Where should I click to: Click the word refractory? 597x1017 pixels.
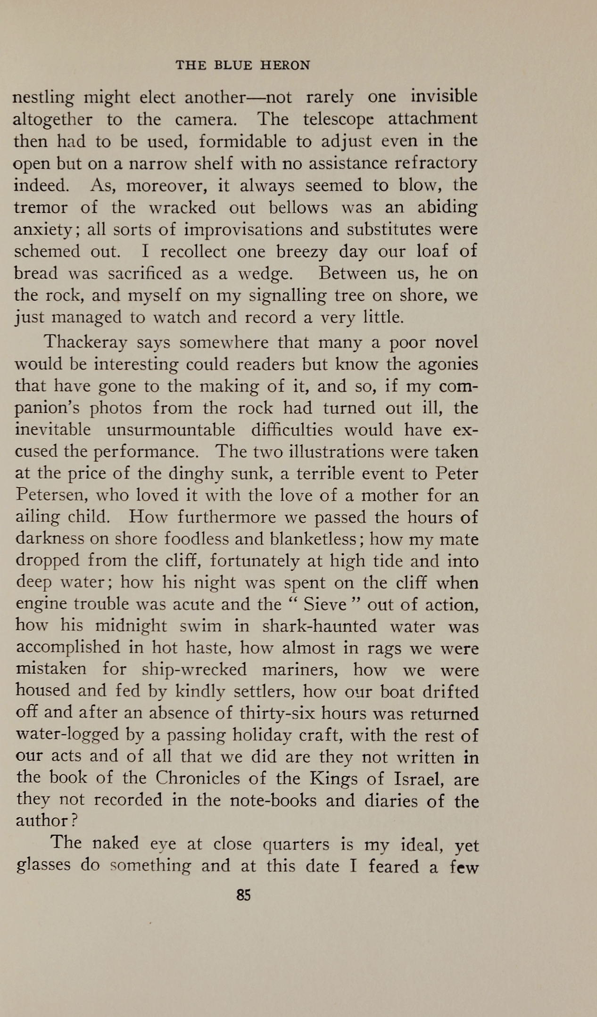(436, 163)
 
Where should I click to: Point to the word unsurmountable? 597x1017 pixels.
(171, 430)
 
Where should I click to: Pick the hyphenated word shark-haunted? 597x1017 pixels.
(319, 627)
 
